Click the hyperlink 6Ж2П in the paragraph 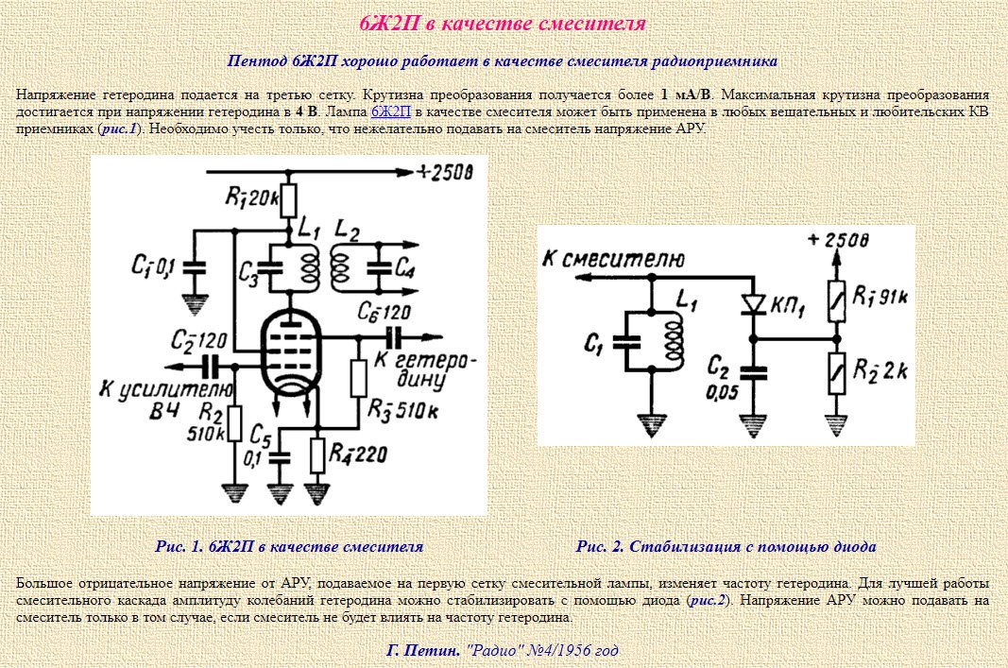click(390, 111)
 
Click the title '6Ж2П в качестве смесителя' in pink click(503, 24)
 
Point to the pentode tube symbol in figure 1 click(291, 357)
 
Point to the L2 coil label click(348, 232)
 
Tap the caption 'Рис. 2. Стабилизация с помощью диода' click(726, 546)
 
